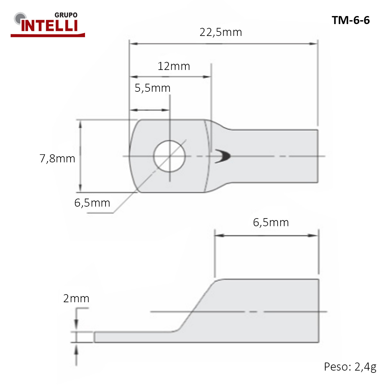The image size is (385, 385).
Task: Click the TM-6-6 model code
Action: (x=351, y=20)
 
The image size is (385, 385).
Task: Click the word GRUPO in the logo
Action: (x=66, y=15)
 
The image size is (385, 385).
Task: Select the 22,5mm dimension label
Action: (x=221, y=32)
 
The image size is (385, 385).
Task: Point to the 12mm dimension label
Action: (x=174, y=66)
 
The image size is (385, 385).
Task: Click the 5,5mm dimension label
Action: (x=152, y=88)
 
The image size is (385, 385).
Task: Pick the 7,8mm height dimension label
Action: (x=57, y=158)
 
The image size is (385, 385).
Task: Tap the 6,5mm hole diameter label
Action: (x=92, y=203)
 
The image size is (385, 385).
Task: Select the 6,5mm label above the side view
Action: (x=271, y=222)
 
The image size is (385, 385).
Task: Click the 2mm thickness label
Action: (x=76, y=298)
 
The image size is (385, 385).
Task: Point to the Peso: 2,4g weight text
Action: (x=350, y=366)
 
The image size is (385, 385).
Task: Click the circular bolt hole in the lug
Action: (x=169, y=156)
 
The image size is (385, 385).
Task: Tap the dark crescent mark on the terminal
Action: (x=223, y=156)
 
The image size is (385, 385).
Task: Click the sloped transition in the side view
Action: (x=196, y=305)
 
